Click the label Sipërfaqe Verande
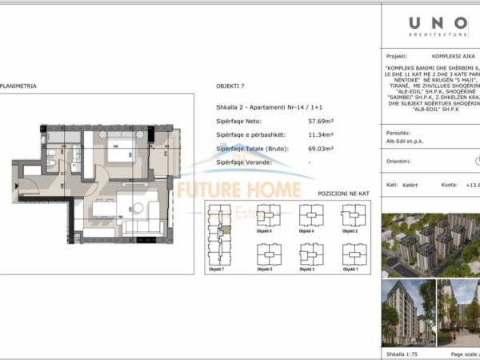pos(244,162)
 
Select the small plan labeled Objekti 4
pos(309,215)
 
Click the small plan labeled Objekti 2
pos(349,215)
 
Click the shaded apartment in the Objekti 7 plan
pos(226,229)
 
